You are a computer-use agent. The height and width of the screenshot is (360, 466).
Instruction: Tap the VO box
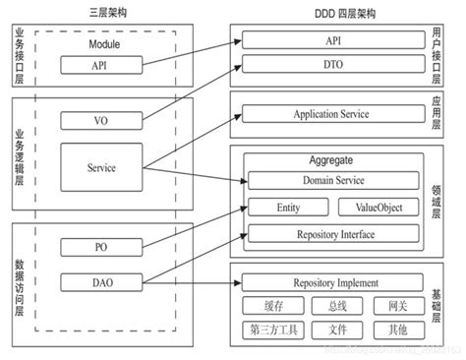click(x=102, y=121)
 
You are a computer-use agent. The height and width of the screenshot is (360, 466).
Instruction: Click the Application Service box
click(x=330, y=115)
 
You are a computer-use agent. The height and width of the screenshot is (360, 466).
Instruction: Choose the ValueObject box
click(x=371, y=208)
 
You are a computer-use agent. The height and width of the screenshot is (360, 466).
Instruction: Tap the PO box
click(x=102, y=247)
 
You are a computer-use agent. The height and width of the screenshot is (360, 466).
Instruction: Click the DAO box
click(x=102, y=282)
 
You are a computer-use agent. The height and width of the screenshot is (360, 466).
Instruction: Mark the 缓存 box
click(x=270, y=306)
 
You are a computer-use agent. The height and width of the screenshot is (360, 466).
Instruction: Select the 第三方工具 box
click(x=270, y=330)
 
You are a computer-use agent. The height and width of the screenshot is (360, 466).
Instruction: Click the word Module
click(x=101, y=43)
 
